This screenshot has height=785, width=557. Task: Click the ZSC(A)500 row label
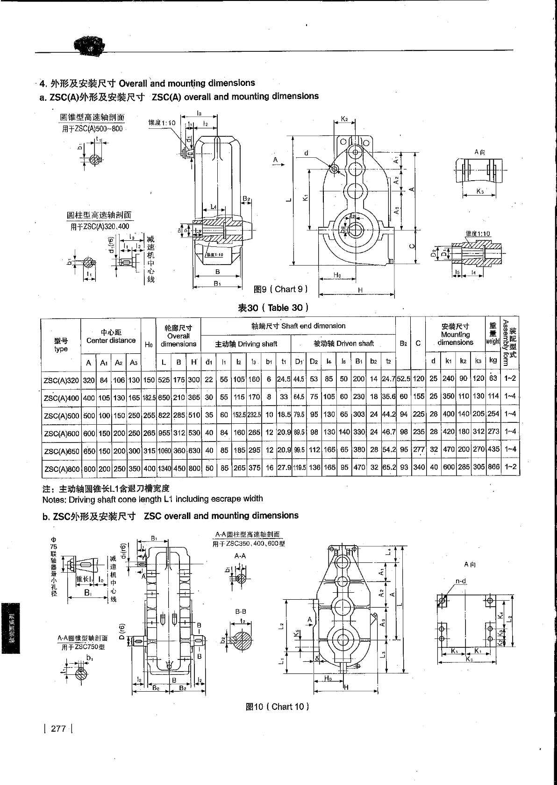(61, 414)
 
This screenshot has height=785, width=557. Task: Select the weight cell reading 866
(493, 466)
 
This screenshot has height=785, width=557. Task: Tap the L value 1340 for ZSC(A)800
(164, 467)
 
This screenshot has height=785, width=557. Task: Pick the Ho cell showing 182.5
(149, 397)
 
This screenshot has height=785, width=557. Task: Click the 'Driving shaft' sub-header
(246, 344)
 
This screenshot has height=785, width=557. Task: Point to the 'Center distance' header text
(111, 341)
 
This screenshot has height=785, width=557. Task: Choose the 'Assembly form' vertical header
(509, 342)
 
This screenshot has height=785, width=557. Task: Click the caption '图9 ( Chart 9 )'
(280, 289)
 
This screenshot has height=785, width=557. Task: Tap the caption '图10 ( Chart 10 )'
(277, 707)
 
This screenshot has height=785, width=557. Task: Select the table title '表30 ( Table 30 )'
(273, 308)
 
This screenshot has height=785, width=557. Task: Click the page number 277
(58, 729)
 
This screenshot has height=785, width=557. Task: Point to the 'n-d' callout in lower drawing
(461, 581)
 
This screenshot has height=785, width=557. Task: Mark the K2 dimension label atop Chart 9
(344, 119)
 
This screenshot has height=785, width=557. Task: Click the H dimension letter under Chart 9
(360, 290)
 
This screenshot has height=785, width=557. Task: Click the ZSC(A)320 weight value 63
(493, 378)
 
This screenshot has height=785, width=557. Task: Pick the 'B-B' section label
(241, 611)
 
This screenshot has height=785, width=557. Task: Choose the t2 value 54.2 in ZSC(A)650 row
(388, 449)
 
